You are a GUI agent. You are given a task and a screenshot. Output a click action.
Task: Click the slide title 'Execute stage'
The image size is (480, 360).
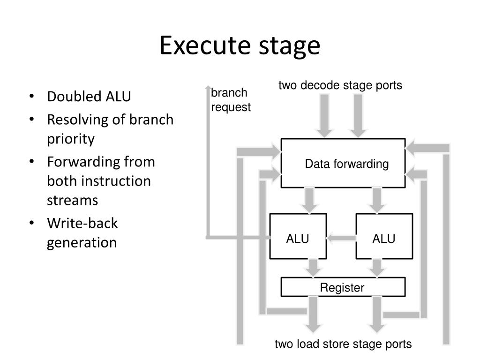click(240, 46)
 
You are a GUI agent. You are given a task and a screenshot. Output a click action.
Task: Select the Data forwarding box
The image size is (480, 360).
click(343, 163)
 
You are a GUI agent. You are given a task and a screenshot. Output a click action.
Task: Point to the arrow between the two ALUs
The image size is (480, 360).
click(341, 238)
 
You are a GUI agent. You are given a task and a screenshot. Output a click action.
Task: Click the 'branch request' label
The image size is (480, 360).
click(231, 100)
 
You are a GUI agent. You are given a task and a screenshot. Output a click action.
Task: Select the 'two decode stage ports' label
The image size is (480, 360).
click(340, 85)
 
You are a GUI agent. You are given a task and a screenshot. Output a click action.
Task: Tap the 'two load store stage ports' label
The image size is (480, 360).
click(343, 344)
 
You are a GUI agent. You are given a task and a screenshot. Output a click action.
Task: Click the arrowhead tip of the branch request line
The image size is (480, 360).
click(208, 86)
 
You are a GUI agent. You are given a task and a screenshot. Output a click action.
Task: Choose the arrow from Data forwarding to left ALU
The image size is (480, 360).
click(309, 201)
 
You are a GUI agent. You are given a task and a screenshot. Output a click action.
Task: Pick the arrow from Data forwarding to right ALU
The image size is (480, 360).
click(377, 201)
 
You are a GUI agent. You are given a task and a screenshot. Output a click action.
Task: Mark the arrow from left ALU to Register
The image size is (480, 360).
click(313, 268)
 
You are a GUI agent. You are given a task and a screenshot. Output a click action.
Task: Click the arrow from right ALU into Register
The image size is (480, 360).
click(377, 268)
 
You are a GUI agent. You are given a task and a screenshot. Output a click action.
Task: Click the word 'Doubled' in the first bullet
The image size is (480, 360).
click(75, 97)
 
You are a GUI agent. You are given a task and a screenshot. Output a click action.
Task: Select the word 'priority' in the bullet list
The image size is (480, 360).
click(71, 139)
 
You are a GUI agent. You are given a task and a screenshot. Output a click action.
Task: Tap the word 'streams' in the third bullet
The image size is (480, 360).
click(73, 201)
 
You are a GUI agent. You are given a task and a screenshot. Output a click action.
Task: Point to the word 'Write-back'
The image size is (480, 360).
click(82, 223)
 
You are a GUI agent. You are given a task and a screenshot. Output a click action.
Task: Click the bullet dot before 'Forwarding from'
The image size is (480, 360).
click(31, 161)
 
